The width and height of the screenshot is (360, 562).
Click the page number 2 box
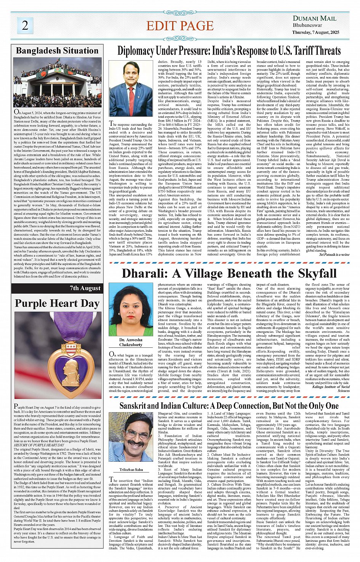click(25, 25)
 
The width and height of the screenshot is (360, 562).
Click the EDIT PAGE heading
click(180, 26)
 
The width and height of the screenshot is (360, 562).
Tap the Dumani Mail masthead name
click(314, 18)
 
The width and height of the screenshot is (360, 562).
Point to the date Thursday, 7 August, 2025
click(315, 32)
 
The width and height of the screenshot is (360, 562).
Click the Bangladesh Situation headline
click(57, 51)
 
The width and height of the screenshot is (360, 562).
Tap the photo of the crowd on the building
click(57, 82)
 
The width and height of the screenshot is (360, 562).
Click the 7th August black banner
click(57, 288)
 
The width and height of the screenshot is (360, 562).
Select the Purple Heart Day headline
click(57, 303)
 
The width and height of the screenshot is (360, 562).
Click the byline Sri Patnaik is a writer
click(334, 254)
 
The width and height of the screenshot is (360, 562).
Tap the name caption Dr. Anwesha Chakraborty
click(131, 342)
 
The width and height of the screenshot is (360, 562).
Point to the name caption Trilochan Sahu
click(131, 470)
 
